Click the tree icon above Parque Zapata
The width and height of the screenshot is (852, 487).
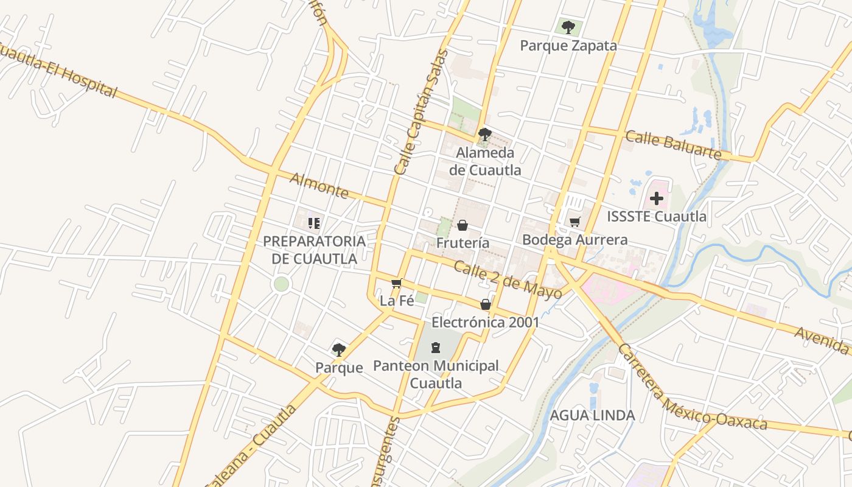[x=568, y=27]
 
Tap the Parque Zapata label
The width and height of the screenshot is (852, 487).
[x=568, y=46]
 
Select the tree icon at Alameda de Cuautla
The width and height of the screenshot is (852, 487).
[x=484, y=135]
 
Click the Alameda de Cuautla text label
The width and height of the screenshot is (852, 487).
[x=485, y=161]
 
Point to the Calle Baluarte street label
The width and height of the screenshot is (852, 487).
[x=673, y=145]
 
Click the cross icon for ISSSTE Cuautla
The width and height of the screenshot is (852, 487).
[x=657, y=198]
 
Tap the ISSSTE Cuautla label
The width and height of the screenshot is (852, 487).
[x=657, y=217]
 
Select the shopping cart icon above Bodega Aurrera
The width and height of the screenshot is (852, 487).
[x=574, y=222]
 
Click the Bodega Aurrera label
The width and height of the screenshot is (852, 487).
[x=574, y=240]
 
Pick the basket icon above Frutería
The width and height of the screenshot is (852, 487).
[x=463, y=226]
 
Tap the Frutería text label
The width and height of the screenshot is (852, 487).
[x=463, y=243]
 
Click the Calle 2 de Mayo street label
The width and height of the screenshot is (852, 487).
[x=508, y=281]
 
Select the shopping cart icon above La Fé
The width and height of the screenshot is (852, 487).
[x=397, y=283]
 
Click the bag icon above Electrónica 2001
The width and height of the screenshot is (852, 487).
[x=485, y=304]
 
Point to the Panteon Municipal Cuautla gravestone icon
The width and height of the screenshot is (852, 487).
[x=435, y=348]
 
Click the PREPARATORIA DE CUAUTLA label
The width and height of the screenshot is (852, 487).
[x=314, y=250]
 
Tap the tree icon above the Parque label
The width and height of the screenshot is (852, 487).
[x=339, y=349]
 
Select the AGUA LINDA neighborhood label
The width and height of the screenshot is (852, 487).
[x=592, y=415]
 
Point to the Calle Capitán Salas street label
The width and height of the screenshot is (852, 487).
[x=421, y=113]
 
